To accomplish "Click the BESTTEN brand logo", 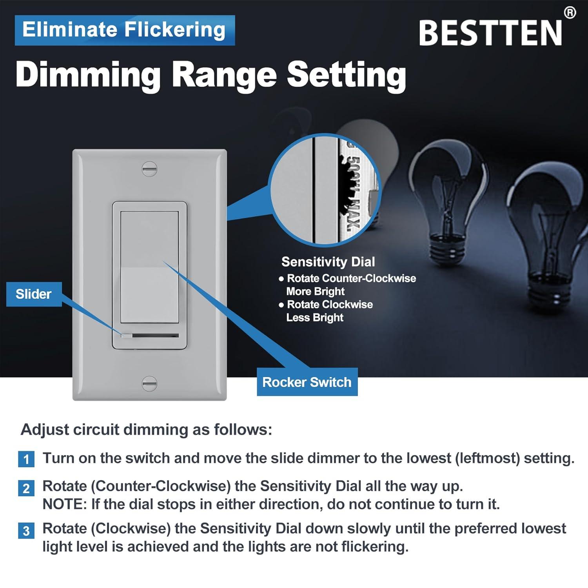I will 490,33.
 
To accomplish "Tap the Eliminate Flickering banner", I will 125,30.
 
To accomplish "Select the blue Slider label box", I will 34,294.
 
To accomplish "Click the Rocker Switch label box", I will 307,382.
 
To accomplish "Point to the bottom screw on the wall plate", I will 149,383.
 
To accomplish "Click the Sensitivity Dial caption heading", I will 328,262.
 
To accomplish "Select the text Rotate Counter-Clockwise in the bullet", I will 351,278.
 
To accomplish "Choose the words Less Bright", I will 315,318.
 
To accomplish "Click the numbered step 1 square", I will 26,459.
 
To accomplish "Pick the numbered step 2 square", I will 26,488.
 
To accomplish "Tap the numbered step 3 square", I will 26,531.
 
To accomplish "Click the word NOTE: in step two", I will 65,504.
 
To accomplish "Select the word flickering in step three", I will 374,546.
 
